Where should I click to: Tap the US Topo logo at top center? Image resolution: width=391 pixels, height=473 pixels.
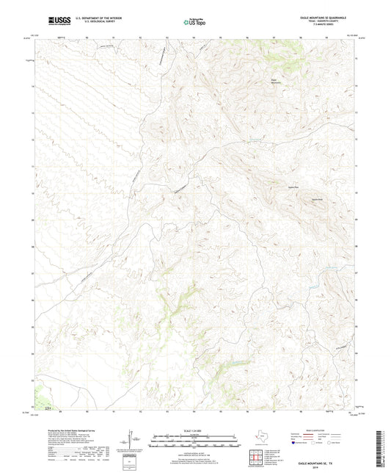tap(194, 22)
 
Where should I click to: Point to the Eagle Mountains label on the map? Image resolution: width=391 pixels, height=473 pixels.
tap(277, 82)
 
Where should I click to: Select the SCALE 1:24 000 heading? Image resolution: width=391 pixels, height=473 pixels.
tap(195, 429)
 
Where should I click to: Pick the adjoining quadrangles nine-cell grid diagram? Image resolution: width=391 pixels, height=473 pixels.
tap(257, 458)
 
